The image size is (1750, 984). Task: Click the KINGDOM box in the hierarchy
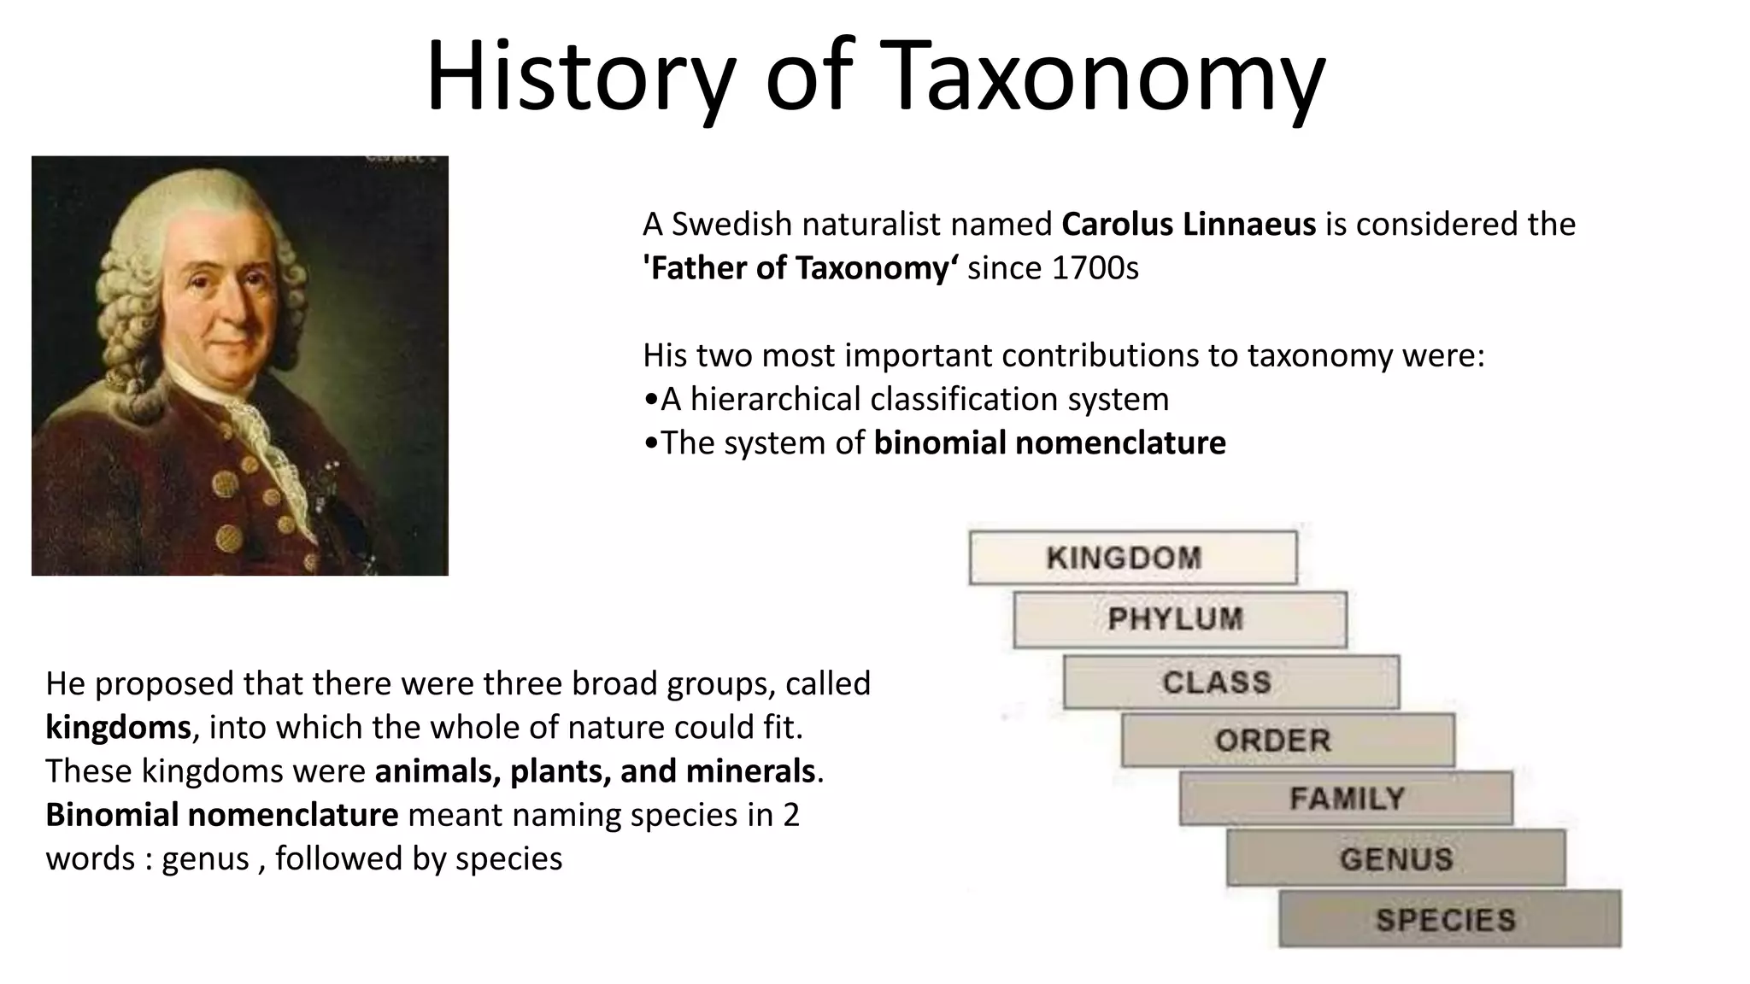(x=1132, y=558)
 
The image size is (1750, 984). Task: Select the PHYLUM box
(x=1179, y=619)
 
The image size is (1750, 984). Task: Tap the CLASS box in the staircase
(x=1230, y=682)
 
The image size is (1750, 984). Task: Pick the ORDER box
(x=1287, y=740)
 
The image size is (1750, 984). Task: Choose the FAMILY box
(x=1346, y=799)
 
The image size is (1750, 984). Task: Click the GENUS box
(x=1395, y=858)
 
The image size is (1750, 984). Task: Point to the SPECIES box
(x=1448, y=919)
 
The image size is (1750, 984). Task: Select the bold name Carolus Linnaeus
(x=1188, y=225)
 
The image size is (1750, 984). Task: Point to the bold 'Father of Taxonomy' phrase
(x=800, y=268)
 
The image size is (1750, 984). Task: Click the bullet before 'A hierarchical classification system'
(x=651, y=400)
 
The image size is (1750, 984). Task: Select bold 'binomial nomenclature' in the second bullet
(x=1049, y=443)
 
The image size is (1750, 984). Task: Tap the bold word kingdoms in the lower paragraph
(x=118, y=728)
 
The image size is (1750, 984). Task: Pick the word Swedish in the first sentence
(x=731, y=225)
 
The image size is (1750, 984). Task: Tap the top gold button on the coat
(x=225, y=483)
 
